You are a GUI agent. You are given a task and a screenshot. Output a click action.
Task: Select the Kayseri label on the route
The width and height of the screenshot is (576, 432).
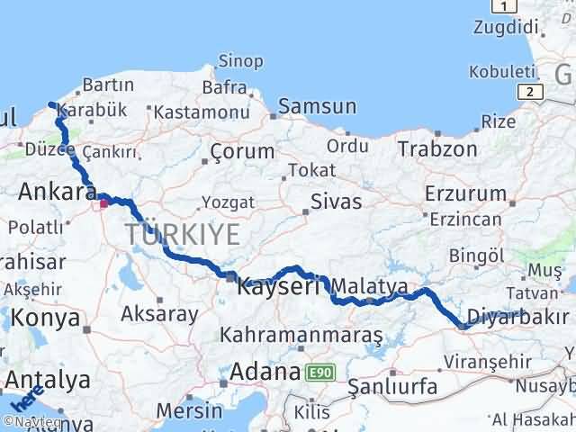click(278, 287)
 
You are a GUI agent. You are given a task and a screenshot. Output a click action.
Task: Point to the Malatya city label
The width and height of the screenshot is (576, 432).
click(370, 286)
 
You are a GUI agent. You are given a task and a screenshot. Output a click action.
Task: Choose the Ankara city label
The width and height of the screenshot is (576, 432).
click(58, 192)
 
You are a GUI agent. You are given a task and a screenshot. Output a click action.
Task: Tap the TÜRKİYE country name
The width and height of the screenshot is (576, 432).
click(183, 235)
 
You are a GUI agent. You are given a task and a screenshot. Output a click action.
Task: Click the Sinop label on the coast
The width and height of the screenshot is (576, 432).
click(240, 61)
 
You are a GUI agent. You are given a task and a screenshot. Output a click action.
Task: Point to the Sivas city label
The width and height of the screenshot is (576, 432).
click(335, 201)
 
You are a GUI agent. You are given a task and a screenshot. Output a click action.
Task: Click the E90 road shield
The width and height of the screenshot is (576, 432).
click(317, 372)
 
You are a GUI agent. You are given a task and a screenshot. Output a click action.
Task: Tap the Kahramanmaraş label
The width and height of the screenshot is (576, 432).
click(302, 336)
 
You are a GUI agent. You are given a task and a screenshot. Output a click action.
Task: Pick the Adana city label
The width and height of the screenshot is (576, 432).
click(265, 371)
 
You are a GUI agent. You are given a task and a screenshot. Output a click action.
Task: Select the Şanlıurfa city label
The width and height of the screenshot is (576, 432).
click(393, 387)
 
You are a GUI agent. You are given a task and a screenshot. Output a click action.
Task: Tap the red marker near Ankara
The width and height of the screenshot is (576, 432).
click(104, 203)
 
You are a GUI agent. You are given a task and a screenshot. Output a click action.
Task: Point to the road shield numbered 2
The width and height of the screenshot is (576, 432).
click(532, 91)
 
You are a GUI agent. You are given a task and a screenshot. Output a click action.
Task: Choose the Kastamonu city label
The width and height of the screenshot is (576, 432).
click(201, 112)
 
